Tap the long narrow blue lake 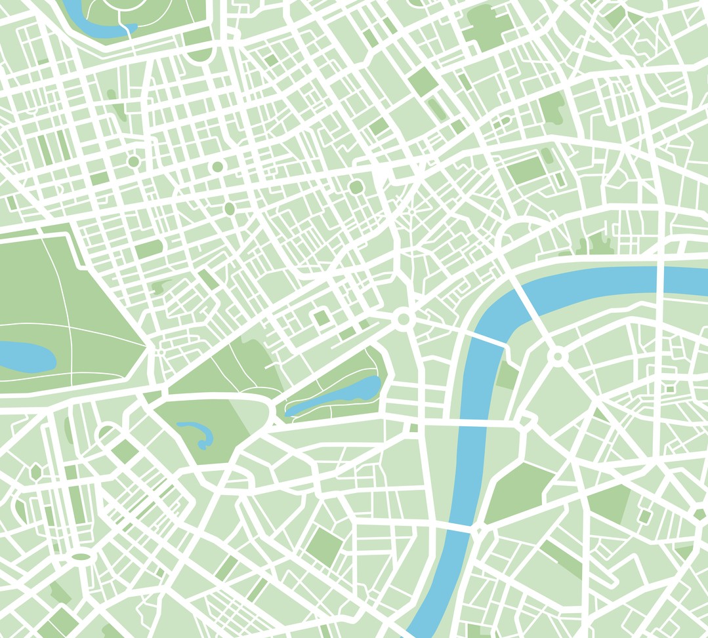(335, 397)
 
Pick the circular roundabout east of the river (558, 356)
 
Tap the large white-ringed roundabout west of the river (403, 319)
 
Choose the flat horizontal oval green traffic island (81, 557)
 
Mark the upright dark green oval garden (229, 209)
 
